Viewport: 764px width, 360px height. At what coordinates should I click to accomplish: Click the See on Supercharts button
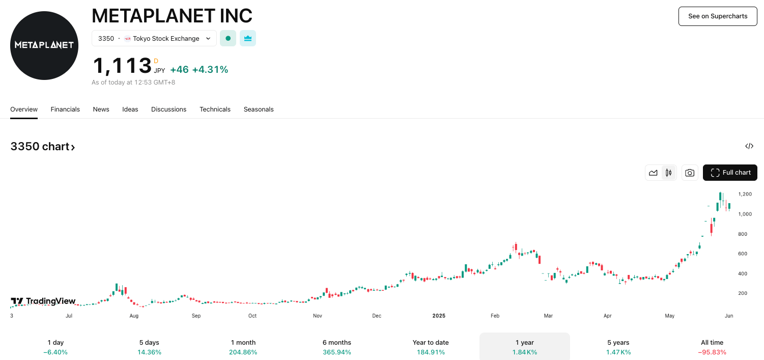(718, 16)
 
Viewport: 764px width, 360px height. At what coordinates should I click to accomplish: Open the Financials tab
(65, 109)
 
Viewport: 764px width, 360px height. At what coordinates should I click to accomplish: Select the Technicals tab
(215, 109)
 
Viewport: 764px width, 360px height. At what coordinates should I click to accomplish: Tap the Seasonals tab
(259, 109)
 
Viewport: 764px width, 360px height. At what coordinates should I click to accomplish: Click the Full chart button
(730, 173)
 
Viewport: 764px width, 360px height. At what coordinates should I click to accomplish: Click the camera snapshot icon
(690, 173)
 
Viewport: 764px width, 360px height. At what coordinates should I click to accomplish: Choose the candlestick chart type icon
(668, 173)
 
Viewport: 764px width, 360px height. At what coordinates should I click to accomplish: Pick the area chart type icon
(653, 173)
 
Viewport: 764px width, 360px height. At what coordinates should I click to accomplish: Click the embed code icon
(749, 146)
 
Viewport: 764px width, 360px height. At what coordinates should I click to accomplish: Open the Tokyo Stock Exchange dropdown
(154, 38)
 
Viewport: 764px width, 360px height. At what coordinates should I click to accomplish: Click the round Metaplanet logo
(44, 45)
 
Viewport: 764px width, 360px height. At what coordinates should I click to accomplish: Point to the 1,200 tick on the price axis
(745, 194)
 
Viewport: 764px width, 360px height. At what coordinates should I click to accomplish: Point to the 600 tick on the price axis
(743, 254)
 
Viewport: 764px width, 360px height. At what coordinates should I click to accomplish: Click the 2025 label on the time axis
(439, 316)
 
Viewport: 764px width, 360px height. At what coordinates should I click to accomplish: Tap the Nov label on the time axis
(318, 316)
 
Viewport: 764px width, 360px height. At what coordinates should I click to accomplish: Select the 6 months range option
(337, 347)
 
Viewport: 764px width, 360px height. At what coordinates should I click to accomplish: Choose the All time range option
(712, 347)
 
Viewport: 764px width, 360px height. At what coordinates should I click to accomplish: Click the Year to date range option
(431, 347)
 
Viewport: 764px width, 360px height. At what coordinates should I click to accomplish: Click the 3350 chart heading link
(43, 147)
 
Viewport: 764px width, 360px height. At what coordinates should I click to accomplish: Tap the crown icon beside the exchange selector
(248, 38)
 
